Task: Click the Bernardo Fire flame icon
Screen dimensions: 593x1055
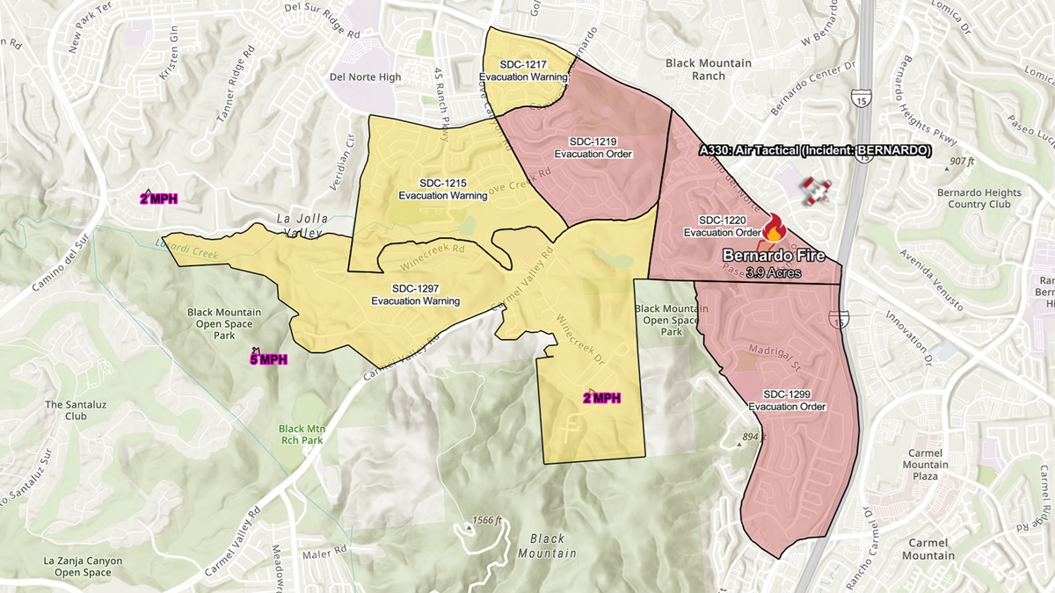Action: click(774, 228)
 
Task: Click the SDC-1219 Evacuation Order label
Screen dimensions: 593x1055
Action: click(593, 148)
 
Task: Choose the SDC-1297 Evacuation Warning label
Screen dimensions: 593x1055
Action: click(415, 294)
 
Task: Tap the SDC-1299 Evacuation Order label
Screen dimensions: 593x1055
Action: click(787, 400)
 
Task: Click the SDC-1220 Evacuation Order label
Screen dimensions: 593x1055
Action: click(723, 226)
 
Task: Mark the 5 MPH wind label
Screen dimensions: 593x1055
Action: click(268, 358)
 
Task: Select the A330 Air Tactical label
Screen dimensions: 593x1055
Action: click(814, 150)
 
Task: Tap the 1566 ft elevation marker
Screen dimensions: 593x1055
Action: click(486, 519)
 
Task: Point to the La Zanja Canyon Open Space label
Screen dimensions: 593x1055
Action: click(83, 567)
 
